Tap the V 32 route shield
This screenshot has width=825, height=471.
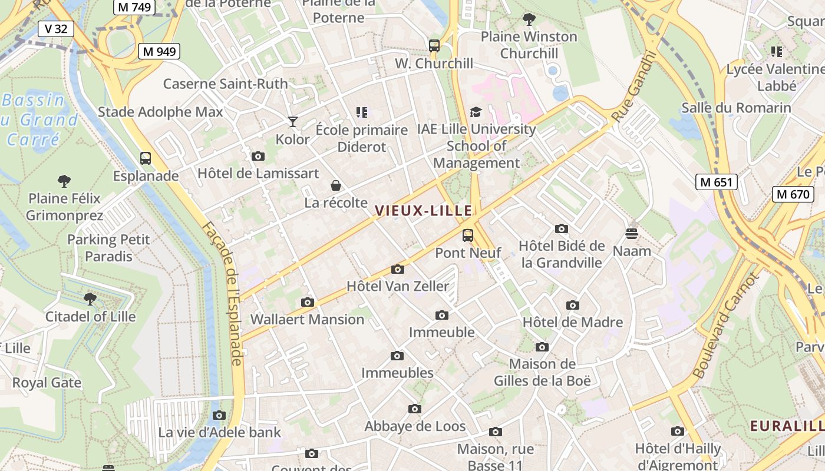[x=56, y=28]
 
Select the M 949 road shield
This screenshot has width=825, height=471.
[x=159, y=51]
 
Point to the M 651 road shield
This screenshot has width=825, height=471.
[x=717, y=182]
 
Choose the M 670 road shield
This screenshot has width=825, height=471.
[x=793, y=194]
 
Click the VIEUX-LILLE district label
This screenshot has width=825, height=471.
[x=424, y=210]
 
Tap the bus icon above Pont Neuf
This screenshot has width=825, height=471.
[x=468, y=235]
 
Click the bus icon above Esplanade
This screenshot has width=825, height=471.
[x=146, y=158]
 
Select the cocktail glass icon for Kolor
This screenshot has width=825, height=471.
[x=293, y=122]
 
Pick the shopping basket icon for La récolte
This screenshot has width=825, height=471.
[x=336, y=185]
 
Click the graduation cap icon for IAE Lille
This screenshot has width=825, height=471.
[x=476, y=112]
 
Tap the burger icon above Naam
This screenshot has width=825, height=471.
[x=632, y=234]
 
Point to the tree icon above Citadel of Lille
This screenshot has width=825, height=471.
[x=90, y=299]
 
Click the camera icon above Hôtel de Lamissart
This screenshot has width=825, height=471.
[x=258, y=156]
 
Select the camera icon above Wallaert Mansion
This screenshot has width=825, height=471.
[x=308, y=302]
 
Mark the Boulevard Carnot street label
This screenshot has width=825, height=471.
[x=724, y=325]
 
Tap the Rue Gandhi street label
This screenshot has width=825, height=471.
[x=634, y=87]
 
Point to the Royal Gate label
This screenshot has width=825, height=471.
[x=47, y=383]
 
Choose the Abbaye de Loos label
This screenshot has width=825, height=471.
[x=415, y=426]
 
